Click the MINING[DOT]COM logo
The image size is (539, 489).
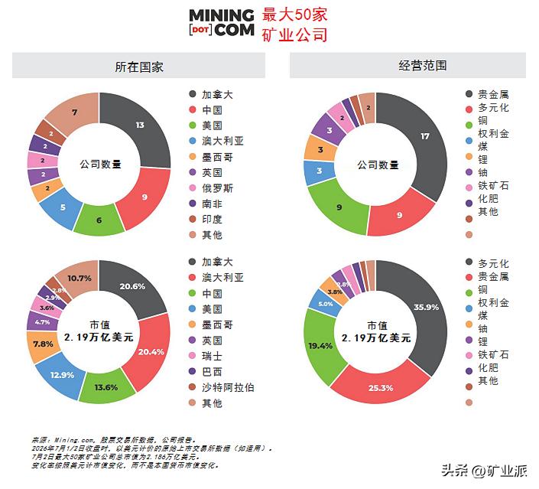(x=222, y=23)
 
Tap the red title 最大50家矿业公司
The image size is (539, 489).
(x=294, y=24)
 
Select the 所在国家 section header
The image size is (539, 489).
(x=139, y=67)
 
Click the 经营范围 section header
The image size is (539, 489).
(x=423, y=65)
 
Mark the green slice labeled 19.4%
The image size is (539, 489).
(x=320, y=346)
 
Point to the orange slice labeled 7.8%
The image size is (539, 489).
(x=43, y=344)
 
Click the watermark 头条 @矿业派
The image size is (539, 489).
(x=484, y=471)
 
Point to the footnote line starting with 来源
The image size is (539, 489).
(x=114, y=440)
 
